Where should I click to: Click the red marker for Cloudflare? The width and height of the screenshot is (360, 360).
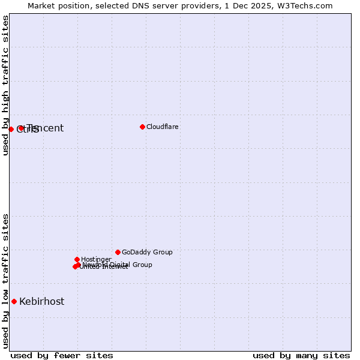(142, 127)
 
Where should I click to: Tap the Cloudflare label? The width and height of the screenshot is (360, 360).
(163, 127)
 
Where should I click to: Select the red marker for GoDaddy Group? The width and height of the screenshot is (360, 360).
(118, 252)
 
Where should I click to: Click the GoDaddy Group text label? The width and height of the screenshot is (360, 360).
(147, 252)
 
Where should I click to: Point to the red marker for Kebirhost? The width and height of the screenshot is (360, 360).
(14, 301)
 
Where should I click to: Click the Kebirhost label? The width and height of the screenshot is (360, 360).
(42, 301)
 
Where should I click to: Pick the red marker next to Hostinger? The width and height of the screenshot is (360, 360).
(77, 259)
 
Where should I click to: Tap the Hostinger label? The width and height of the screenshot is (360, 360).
(96, 259)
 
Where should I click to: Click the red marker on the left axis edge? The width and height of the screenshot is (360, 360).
(11, 129)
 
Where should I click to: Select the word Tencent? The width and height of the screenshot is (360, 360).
(47, 128)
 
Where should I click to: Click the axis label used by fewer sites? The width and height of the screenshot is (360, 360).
(62, 355)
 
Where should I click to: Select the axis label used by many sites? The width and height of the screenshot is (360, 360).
(301, 355)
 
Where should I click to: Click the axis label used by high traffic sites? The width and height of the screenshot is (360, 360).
(6, 85)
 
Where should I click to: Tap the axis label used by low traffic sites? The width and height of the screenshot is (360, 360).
(6, 281)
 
